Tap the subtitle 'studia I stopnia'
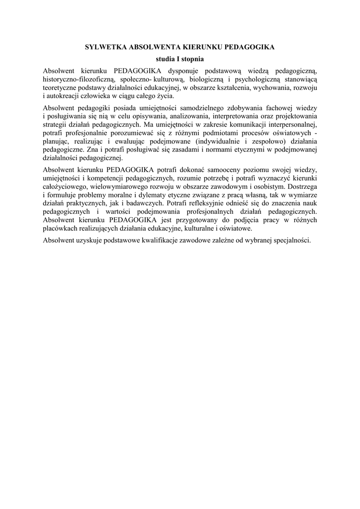point(180,59)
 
